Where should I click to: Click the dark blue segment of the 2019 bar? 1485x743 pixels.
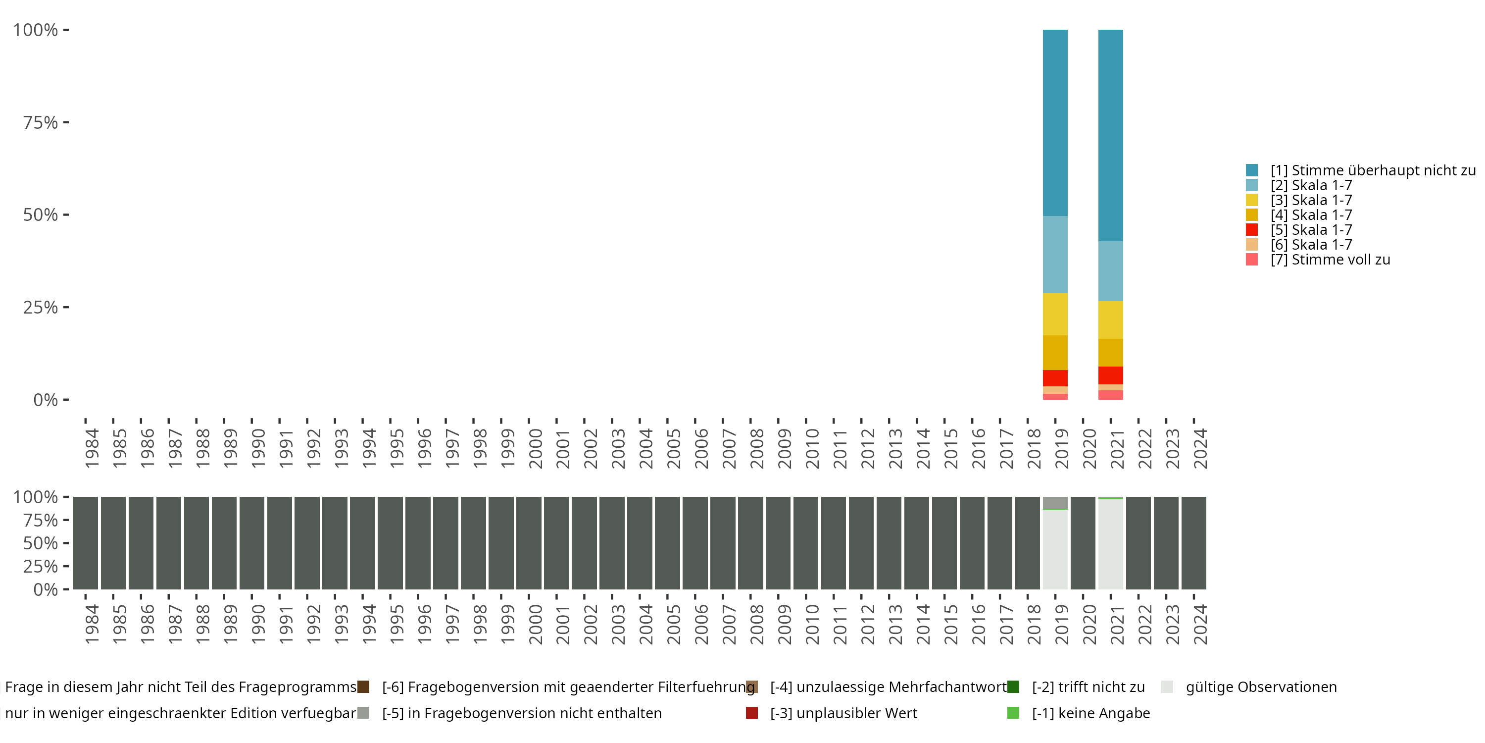coord(1055,122)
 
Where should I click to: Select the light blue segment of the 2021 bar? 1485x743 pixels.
coord(1110,270)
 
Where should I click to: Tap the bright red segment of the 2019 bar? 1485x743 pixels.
coord(1055,378)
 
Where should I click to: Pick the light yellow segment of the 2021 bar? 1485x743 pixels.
coord(1110,319)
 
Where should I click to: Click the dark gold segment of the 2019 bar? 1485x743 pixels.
coord(1055,353)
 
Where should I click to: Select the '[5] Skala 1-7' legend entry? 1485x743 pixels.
coord(1311,230)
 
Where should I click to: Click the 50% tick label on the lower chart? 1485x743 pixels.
coord(41,543)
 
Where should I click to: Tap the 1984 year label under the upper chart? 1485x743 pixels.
coord(92,448)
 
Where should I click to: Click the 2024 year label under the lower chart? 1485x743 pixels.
coord(1200,624)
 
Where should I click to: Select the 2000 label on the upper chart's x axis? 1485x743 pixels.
coord(536,448)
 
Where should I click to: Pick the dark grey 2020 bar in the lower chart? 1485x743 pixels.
coord(1083,543)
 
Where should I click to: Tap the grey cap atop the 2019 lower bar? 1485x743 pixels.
coord(1055,502)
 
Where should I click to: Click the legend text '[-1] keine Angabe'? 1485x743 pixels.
coord(1090,713)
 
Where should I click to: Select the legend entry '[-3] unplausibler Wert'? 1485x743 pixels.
coord(843,713)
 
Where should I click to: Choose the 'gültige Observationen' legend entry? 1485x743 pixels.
coord(1261,687)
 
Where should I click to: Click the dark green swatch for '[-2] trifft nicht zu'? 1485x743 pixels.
coord(1013,687)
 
